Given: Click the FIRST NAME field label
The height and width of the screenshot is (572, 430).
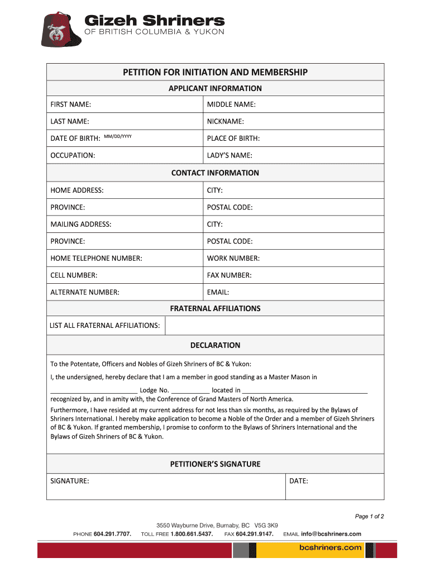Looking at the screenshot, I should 71,104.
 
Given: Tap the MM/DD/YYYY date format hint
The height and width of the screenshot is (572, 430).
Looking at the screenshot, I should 118,136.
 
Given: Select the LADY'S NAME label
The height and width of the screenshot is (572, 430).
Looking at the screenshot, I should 230,155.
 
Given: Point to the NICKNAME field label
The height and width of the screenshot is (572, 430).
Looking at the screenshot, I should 226,121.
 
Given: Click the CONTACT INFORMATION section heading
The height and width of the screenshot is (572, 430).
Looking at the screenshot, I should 215,173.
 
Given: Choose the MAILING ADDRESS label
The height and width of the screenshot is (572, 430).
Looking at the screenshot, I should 81,224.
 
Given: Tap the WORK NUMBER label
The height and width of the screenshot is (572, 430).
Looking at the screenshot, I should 233,258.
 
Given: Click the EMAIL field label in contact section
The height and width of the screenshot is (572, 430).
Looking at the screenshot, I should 218,292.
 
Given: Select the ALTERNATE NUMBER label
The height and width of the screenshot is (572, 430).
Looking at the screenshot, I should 85,292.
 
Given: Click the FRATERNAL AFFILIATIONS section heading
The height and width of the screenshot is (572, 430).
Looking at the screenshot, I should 215,308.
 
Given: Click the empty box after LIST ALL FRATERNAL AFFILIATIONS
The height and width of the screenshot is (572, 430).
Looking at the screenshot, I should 274,325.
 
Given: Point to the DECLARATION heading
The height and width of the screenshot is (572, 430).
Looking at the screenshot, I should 215,345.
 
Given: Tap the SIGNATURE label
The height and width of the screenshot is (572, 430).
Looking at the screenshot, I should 70,480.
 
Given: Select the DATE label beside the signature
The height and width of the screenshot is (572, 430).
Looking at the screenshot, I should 299,480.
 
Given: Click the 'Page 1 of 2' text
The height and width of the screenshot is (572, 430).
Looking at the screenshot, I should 369,516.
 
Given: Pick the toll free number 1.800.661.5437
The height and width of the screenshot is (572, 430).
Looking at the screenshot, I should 192,534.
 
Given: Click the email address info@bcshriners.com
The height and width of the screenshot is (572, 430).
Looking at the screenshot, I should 331,534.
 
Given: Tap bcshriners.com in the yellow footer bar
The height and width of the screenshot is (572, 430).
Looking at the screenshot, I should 329,549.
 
